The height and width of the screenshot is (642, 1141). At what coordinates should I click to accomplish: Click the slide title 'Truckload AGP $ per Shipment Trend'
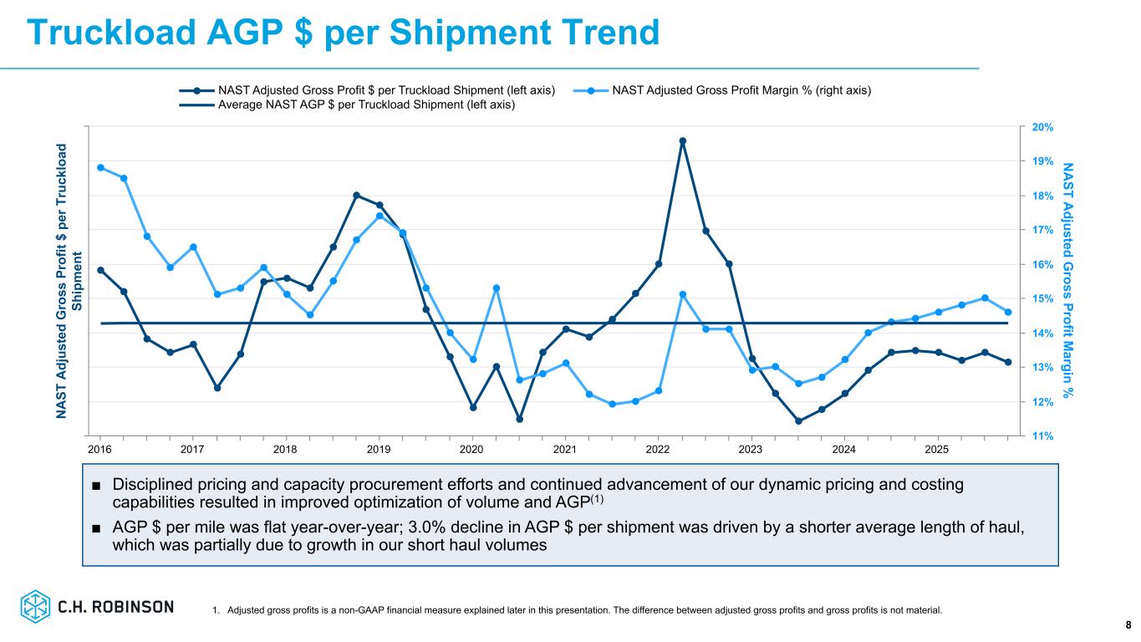coord(343,33)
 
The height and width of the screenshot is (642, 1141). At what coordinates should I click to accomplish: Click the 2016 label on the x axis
coord(100,450)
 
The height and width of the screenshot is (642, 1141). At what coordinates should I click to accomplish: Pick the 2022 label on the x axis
coord(658,450)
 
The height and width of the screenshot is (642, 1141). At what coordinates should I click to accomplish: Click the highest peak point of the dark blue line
coord(682,141)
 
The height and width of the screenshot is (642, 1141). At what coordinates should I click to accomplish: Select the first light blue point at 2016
coord(100,167)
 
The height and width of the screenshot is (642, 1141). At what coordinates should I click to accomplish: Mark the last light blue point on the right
coord(1008,313)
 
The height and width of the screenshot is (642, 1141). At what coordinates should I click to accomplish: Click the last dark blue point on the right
coord(1008,362)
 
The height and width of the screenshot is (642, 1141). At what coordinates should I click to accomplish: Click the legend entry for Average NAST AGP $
coord(366,105)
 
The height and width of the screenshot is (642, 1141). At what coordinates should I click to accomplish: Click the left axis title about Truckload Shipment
coord(69,281)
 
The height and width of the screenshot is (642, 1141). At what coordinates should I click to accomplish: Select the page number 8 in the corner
coord(1128,624)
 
